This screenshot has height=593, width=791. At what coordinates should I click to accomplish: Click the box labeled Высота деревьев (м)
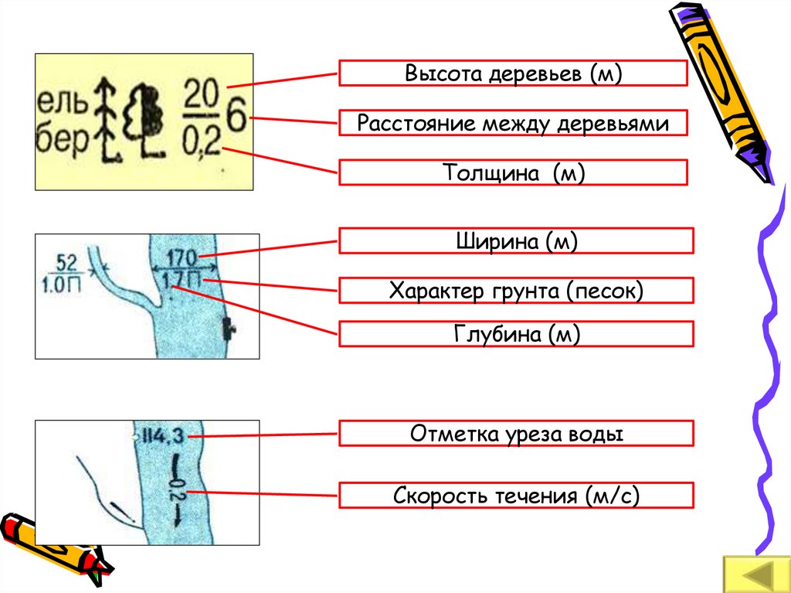click(x=513, y=73)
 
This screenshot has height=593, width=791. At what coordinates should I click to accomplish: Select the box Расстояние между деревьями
click(x=513, y=124)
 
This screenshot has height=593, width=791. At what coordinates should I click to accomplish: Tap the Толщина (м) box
click(x=513, y=172)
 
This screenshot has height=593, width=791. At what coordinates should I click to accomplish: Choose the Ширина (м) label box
click(x=516, y=240)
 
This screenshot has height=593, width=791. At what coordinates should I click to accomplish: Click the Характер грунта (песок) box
click(x=516, y=290)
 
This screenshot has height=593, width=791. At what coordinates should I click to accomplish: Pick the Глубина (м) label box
click(x=516, y=333)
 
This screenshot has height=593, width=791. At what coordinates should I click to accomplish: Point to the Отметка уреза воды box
click(x=516, y=434)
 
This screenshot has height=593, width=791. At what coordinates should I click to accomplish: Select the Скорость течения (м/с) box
click(x=516, y=495)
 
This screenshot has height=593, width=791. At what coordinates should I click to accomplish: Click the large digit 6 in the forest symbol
click(x=236, y=119)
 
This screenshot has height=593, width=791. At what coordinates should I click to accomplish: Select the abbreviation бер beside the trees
click(x=64, y=143)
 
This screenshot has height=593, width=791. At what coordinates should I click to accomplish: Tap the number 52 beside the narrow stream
click(x=66, y=261)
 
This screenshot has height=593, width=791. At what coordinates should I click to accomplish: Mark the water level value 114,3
click(x=162, y=437)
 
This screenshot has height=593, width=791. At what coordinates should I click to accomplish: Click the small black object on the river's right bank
click(x=228, y=329)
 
